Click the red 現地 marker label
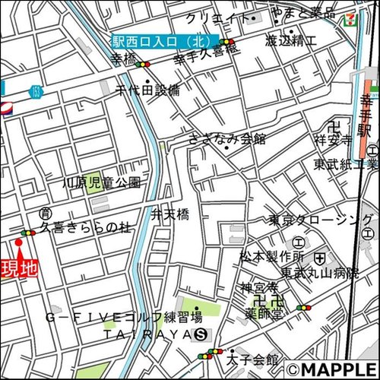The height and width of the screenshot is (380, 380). (x=19, y=268)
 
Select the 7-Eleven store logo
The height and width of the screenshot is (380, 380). (x=352, y=17)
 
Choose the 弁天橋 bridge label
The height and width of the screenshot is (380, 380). (x=169, y=215)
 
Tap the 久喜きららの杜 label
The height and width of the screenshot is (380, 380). (x=86, y=226)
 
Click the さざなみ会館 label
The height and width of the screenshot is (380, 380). (x=227, y=138)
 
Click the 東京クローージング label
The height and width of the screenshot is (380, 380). (x=321, y=220)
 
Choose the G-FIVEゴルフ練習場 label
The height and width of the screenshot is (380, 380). (x=123, y=316)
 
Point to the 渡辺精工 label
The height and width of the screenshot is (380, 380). (x=291, y=41)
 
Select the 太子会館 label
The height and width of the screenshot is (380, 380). (x=252, y=359)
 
